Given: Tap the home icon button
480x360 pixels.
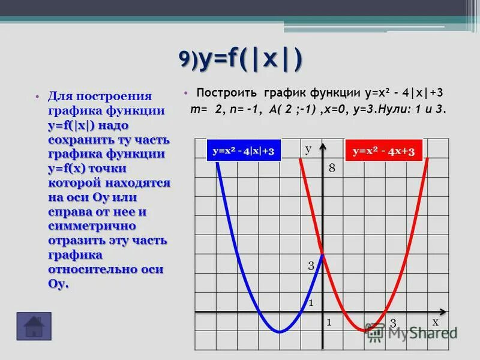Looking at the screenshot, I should tap(34, 326).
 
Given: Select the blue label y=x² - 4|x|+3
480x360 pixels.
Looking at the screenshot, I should tap(244, 151).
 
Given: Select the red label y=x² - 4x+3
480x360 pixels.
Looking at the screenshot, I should tap(384, 151).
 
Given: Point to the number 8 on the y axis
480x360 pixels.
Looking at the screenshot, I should tap(331, 170).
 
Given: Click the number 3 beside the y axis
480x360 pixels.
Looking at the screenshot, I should tap(311, 266).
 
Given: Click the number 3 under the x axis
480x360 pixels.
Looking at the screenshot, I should tap(393, 323).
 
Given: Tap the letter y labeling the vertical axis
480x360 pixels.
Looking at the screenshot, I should tap(308, 148).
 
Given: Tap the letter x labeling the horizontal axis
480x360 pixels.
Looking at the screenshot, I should tap(436, 322).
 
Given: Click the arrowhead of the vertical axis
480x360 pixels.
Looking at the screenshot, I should tap(323, 145).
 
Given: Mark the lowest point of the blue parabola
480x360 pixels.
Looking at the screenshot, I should tap(279, 332).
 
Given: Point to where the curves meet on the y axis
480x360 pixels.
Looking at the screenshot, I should tap(323, 254).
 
